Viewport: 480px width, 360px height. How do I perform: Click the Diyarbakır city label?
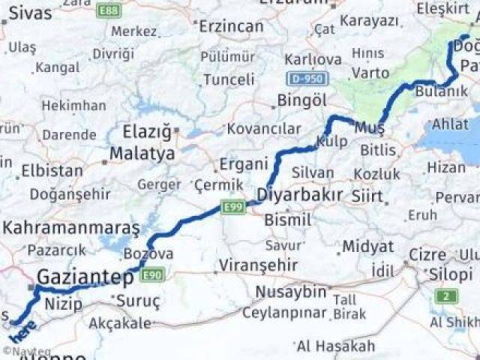click(x=299, y=195)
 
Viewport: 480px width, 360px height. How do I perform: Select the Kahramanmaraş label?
click(x=71, y=226)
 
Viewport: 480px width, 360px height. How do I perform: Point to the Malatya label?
click(x=142, y=154)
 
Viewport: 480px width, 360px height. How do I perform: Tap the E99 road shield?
click(x=233, y=206)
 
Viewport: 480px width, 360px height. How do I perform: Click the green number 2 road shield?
click(x=448, y=295)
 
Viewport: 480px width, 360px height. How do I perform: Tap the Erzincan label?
click(x=232, y=26)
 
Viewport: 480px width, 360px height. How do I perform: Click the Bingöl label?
click(x=301, y=100)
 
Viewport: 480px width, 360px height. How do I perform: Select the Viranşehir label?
click(x=257, y=265)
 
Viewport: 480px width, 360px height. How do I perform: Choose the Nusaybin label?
click(x=291, y=291)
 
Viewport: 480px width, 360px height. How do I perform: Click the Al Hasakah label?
click(x=335, y=346)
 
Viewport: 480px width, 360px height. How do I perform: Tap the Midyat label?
click(x=367, y=247)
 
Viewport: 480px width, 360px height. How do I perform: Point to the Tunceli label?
click(x=229, y=79)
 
